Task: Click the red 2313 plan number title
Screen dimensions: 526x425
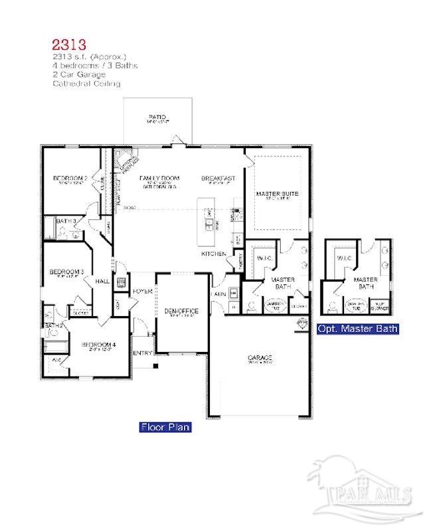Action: coord(69,45)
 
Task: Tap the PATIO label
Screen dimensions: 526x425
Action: coord(158,118)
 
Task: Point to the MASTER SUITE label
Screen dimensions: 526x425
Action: coord(277,194)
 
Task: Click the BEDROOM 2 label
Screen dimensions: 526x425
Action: coord(70,179)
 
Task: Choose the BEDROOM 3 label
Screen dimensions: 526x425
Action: coord(66,272)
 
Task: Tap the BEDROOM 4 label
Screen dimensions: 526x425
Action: coord(98,345)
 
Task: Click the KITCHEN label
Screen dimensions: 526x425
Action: coord(214,254)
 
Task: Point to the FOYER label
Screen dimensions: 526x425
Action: coord(142,292)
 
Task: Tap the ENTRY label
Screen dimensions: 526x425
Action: coord(142,353)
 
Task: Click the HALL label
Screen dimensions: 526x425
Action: coord(102,282)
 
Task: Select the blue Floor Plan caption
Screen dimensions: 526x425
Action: coord(165,427)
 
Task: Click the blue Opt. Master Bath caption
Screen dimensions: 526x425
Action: coord(358,328)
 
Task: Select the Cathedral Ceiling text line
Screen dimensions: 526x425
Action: coord(86,84)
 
